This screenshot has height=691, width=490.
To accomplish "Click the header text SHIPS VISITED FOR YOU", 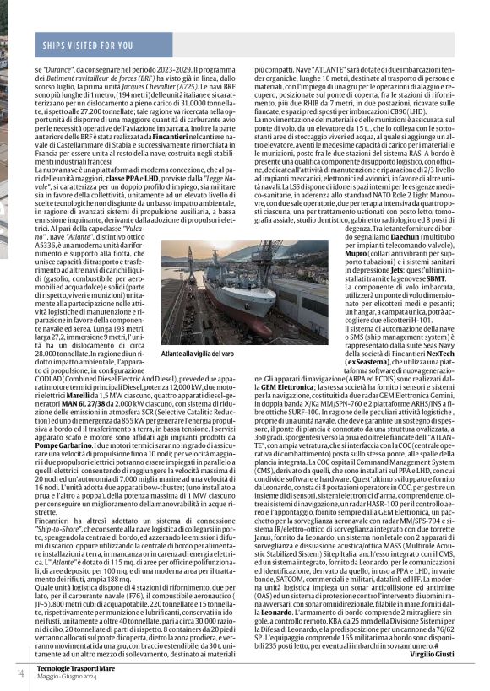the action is pos(88,44).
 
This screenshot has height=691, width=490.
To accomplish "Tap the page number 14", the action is pos(19,672).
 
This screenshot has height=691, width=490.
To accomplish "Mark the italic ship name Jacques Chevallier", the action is pos(161,86).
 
